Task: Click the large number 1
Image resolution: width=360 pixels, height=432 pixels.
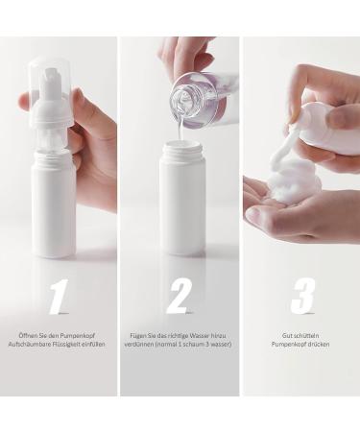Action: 60,296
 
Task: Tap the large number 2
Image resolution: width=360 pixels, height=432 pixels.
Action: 178,296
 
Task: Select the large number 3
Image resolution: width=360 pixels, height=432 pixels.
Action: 302,296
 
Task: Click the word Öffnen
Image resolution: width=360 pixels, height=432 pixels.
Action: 27,336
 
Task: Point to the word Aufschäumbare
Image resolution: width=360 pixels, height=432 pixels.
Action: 29,345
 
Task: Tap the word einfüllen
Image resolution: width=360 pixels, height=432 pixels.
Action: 93,345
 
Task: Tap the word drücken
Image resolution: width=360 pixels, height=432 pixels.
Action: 318,345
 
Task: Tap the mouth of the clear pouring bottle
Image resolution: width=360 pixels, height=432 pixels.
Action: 181,101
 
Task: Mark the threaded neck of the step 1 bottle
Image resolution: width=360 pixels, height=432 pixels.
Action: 52,156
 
